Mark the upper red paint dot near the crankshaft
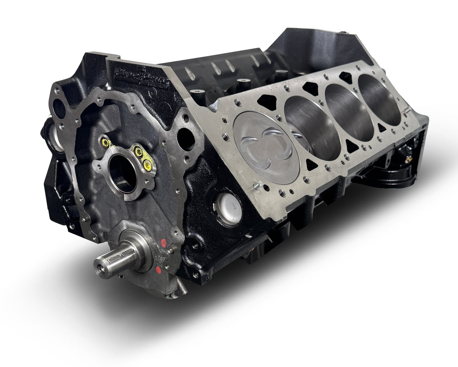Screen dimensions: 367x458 (x=164, y=243)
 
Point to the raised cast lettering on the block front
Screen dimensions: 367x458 (x=145, y=78)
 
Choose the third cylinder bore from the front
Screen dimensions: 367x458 (x=349, y=111)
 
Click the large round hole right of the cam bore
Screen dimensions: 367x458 (x=186, y=138)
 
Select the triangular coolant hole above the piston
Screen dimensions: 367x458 (x=266, y=102)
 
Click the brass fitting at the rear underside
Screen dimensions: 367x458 (x=408, y=160)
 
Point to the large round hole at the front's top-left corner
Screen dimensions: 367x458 (x=59, y=108)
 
